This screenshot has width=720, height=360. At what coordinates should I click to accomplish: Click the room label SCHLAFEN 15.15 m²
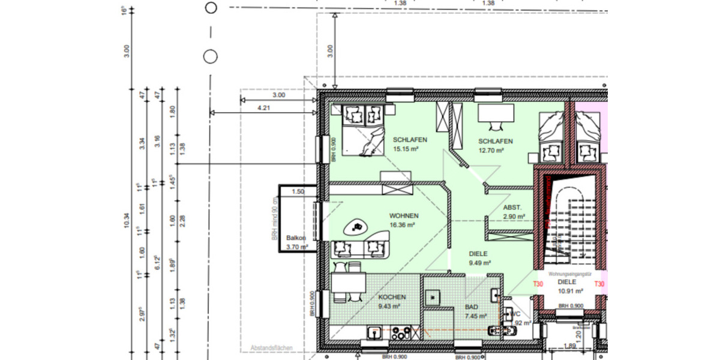point(406,145)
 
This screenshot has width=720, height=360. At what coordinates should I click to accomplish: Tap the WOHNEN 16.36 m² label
point(404,220)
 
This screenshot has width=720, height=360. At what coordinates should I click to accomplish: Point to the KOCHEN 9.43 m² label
point(392,301)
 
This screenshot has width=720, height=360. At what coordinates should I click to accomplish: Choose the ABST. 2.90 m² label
point(514,211)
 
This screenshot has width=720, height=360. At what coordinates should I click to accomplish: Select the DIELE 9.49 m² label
point(479,258)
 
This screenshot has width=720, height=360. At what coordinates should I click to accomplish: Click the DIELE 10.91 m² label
point(566,286)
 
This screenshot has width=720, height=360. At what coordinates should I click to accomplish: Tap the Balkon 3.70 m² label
point(296,242)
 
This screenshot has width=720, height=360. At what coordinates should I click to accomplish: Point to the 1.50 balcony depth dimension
point(298,192)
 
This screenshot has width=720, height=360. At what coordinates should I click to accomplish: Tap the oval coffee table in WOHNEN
point(359,226)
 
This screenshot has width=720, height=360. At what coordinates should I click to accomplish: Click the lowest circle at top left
point(210,56)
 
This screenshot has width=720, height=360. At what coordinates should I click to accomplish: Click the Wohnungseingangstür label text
point(566,274)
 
